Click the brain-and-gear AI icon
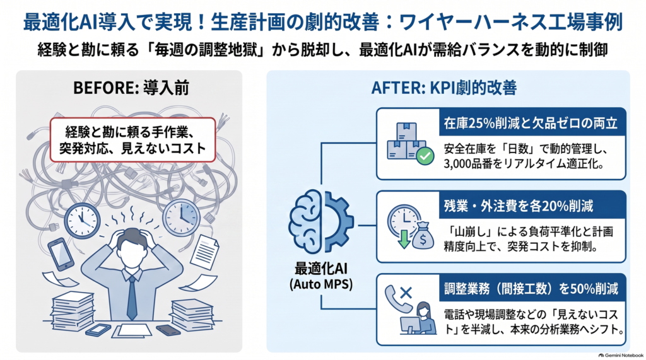pos(321,221)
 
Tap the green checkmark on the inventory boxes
pos(425,156)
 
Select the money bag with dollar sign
pos(423,236)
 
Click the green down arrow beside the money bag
pos(404,239)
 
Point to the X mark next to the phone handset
pos(406,293)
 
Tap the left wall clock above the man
pos(82,220)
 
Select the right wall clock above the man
pos(181,218)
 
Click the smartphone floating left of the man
pos(61,254)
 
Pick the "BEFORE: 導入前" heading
pos(131,88)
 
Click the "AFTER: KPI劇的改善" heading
pos(444,88)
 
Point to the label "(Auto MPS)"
pos(321,284)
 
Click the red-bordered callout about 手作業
pos(132,139)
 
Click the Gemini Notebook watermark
pos(621,355)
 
